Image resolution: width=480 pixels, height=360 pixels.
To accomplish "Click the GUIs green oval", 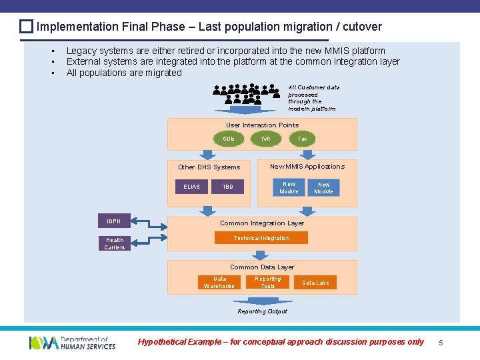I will click(229, 139).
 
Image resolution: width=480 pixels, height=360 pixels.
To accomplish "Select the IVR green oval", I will click(266, 139).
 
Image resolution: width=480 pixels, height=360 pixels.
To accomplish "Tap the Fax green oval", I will click(303, 139).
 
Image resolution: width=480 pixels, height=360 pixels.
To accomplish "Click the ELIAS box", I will click(191, 187).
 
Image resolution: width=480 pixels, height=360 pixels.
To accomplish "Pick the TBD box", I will click(227, 187).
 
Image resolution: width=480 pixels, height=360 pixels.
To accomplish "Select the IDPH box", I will click(114, 221).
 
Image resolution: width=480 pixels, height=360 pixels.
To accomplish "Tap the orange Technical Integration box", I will click(261, 238).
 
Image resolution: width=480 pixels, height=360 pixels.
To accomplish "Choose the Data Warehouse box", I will click(219, 283).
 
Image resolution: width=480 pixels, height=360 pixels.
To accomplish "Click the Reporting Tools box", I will click(268, 283).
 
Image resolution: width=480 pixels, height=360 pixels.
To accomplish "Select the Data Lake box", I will click(315, 283).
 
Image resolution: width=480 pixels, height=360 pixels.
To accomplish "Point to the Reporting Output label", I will click(262, 311).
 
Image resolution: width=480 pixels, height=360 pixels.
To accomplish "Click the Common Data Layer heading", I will click(262, 267).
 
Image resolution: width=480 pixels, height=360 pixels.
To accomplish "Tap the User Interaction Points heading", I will click(262, 125).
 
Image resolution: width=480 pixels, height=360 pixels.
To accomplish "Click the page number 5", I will click(440, 342).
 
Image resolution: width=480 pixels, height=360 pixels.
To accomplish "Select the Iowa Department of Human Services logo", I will click(72, 343).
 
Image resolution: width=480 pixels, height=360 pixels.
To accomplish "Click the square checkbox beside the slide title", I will click(26, 27).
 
